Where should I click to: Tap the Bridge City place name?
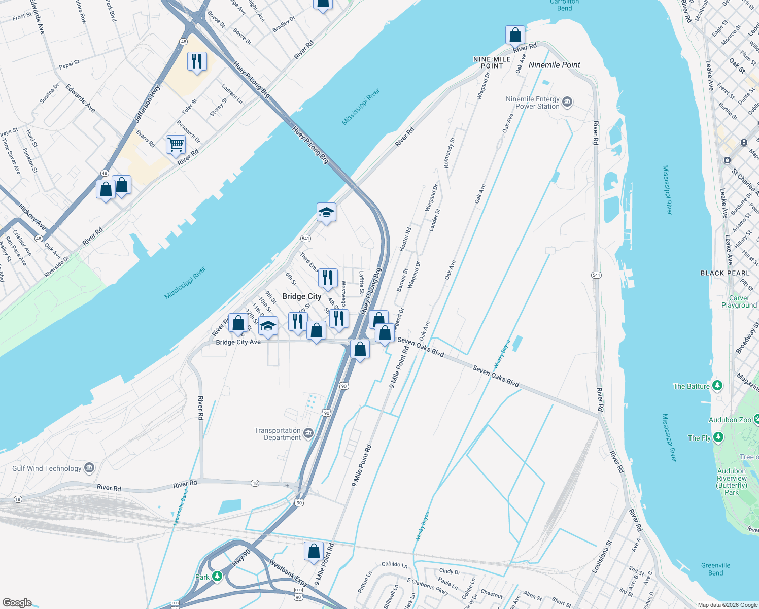tap(301, 296)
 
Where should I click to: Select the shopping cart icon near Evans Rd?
tap(176, 145)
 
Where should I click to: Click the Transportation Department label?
tap(278, 434)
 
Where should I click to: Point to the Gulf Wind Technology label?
tap(47, 468)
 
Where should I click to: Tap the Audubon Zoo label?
tap(730, 420)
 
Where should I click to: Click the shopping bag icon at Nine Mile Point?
tap(515, 36)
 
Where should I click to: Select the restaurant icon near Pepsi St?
tap(197, 61)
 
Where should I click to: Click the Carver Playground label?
tap(739, 301)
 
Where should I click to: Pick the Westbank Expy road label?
tap(288, 572)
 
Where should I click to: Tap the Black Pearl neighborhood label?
tap(725, 273)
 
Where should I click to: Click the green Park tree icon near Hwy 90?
tap(217, 576)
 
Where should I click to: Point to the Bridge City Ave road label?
tap(238, 342)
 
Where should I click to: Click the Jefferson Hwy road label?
tap(147, 104)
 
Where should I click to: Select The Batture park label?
tap(691, 386)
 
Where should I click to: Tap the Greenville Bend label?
tap(715, 569)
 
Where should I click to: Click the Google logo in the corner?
tap(17, 602)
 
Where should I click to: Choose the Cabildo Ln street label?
tap(394, 564)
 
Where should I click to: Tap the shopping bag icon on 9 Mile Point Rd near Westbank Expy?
tap(314, 551)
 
